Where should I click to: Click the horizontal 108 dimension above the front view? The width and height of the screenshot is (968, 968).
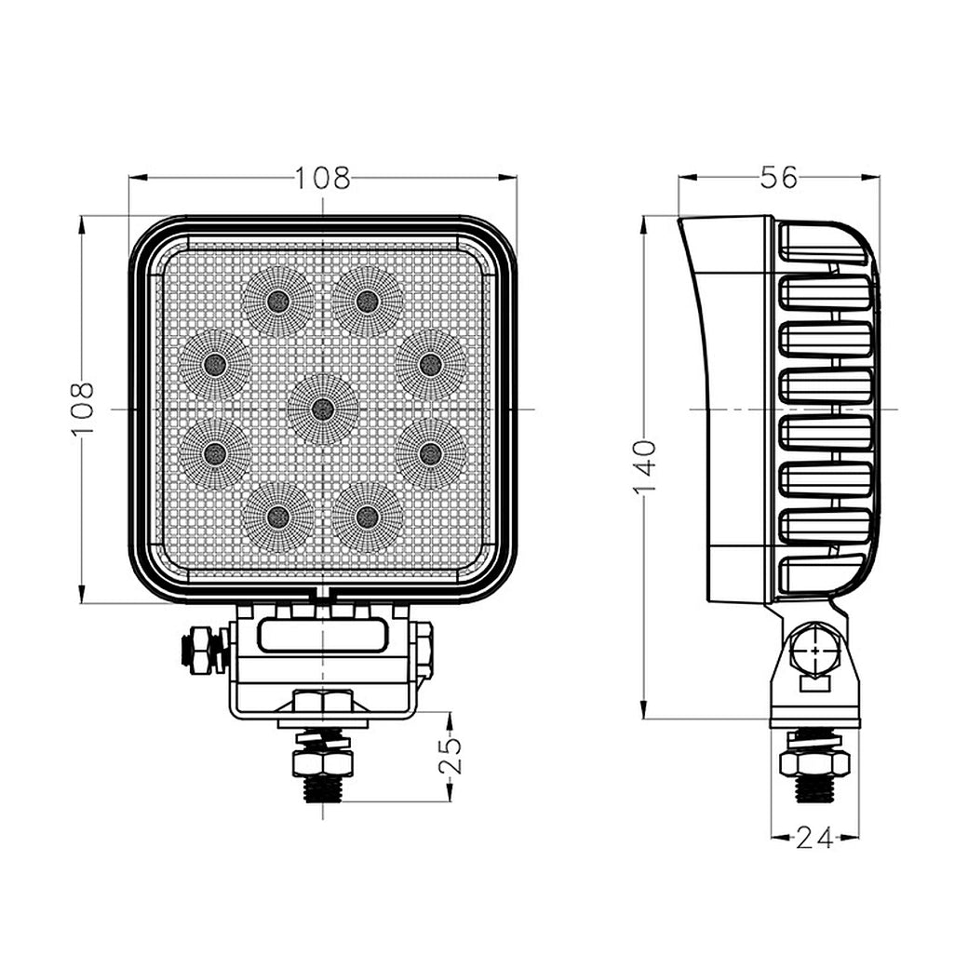(x=322, y=178)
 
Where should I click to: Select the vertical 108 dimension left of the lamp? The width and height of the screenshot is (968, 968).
(x=83, y=408)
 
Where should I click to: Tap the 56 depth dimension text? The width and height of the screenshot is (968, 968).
(x=778, y=177)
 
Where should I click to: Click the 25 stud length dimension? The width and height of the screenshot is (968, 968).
(x=450, y=756)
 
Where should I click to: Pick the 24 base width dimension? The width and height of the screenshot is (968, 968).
(x=814, y=838)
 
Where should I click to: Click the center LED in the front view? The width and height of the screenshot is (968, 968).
(x=323, y=409)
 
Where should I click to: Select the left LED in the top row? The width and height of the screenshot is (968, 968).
(x=277, y=301)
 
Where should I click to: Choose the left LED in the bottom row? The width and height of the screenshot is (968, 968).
(x=277, y=517)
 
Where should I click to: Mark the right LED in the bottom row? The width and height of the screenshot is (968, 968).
(x=368, y=517)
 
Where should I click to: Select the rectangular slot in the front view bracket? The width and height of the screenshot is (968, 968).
(x=322, y=637)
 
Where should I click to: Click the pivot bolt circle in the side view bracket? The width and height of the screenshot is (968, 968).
(x=814, y=652)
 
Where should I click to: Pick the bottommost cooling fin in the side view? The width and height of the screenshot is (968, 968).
(x=823, y=574)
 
